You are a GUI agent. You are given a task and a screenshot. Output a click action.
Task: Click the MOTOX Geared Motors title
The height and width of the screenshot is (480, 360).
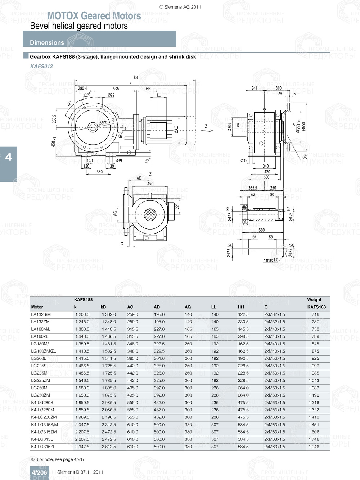tap(94, 16)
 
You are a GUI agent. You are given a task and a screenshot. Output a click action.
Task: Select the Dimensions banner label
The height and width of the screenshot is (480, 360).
tap(47, 42)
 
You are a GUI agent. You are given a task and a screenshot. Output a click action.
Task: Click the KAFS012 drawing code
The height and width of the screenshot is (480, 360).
tap(41, 66)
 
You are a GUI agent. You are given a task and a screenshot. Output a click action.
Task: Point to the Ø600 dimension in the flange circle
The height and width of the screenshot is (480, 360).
tap(103, 123)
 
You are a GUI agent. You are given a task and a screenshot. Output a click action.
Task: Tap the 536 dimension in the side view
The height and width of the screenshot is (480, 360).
tap(116, 89)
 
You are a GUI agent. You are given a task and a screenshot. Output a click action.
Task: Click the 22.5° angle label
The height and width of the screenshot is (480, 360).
tap(87, 95)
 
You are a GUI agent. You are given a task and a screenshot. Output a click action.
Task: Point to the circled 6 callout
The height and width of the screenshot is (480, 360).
tap(305, 157)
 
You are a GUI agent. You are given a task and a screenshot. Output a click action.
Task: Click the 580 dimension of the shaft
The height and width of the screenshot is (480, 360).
tap(261, 230)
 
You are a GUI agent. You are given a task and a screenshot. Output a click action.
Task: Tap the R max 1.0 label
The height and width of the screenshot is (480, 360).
tap(270, 260)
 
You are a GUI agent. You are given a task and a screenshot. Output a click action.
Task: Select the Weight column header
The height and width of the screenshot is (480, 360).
tap(314, 300)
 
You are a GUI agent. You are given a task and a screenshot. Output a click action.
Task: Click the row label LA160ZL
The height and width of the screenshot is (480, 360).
tap(40, 336)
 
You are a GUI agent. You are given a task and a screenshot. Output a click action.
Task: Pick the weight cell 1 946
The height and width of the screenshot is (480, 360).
tap(314, 447)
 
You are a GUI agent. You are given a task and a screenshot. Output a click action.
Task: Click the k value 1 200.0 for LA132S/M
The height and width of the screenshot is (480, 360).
tap(82, 314)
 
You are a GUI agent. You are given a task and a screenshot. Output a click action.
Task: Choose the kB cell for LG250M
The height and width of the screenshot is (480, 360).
tap(109, 388)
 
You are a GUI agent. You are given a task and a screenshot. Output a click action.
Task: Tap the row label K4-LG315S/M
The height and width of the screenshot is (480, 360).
tap(44, 425)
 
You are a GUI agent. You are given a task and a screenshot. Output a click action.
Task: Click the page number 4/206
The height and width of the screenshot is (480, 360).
tap(39, 472)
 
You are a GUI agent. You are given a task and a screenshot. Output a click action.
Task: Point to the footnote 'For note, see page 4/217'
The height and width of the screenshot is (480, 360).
tap(60, 459)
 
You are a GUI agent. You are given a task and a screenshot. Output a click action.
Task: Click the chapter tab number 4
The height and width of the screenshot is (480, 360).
tap(8, 157)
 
